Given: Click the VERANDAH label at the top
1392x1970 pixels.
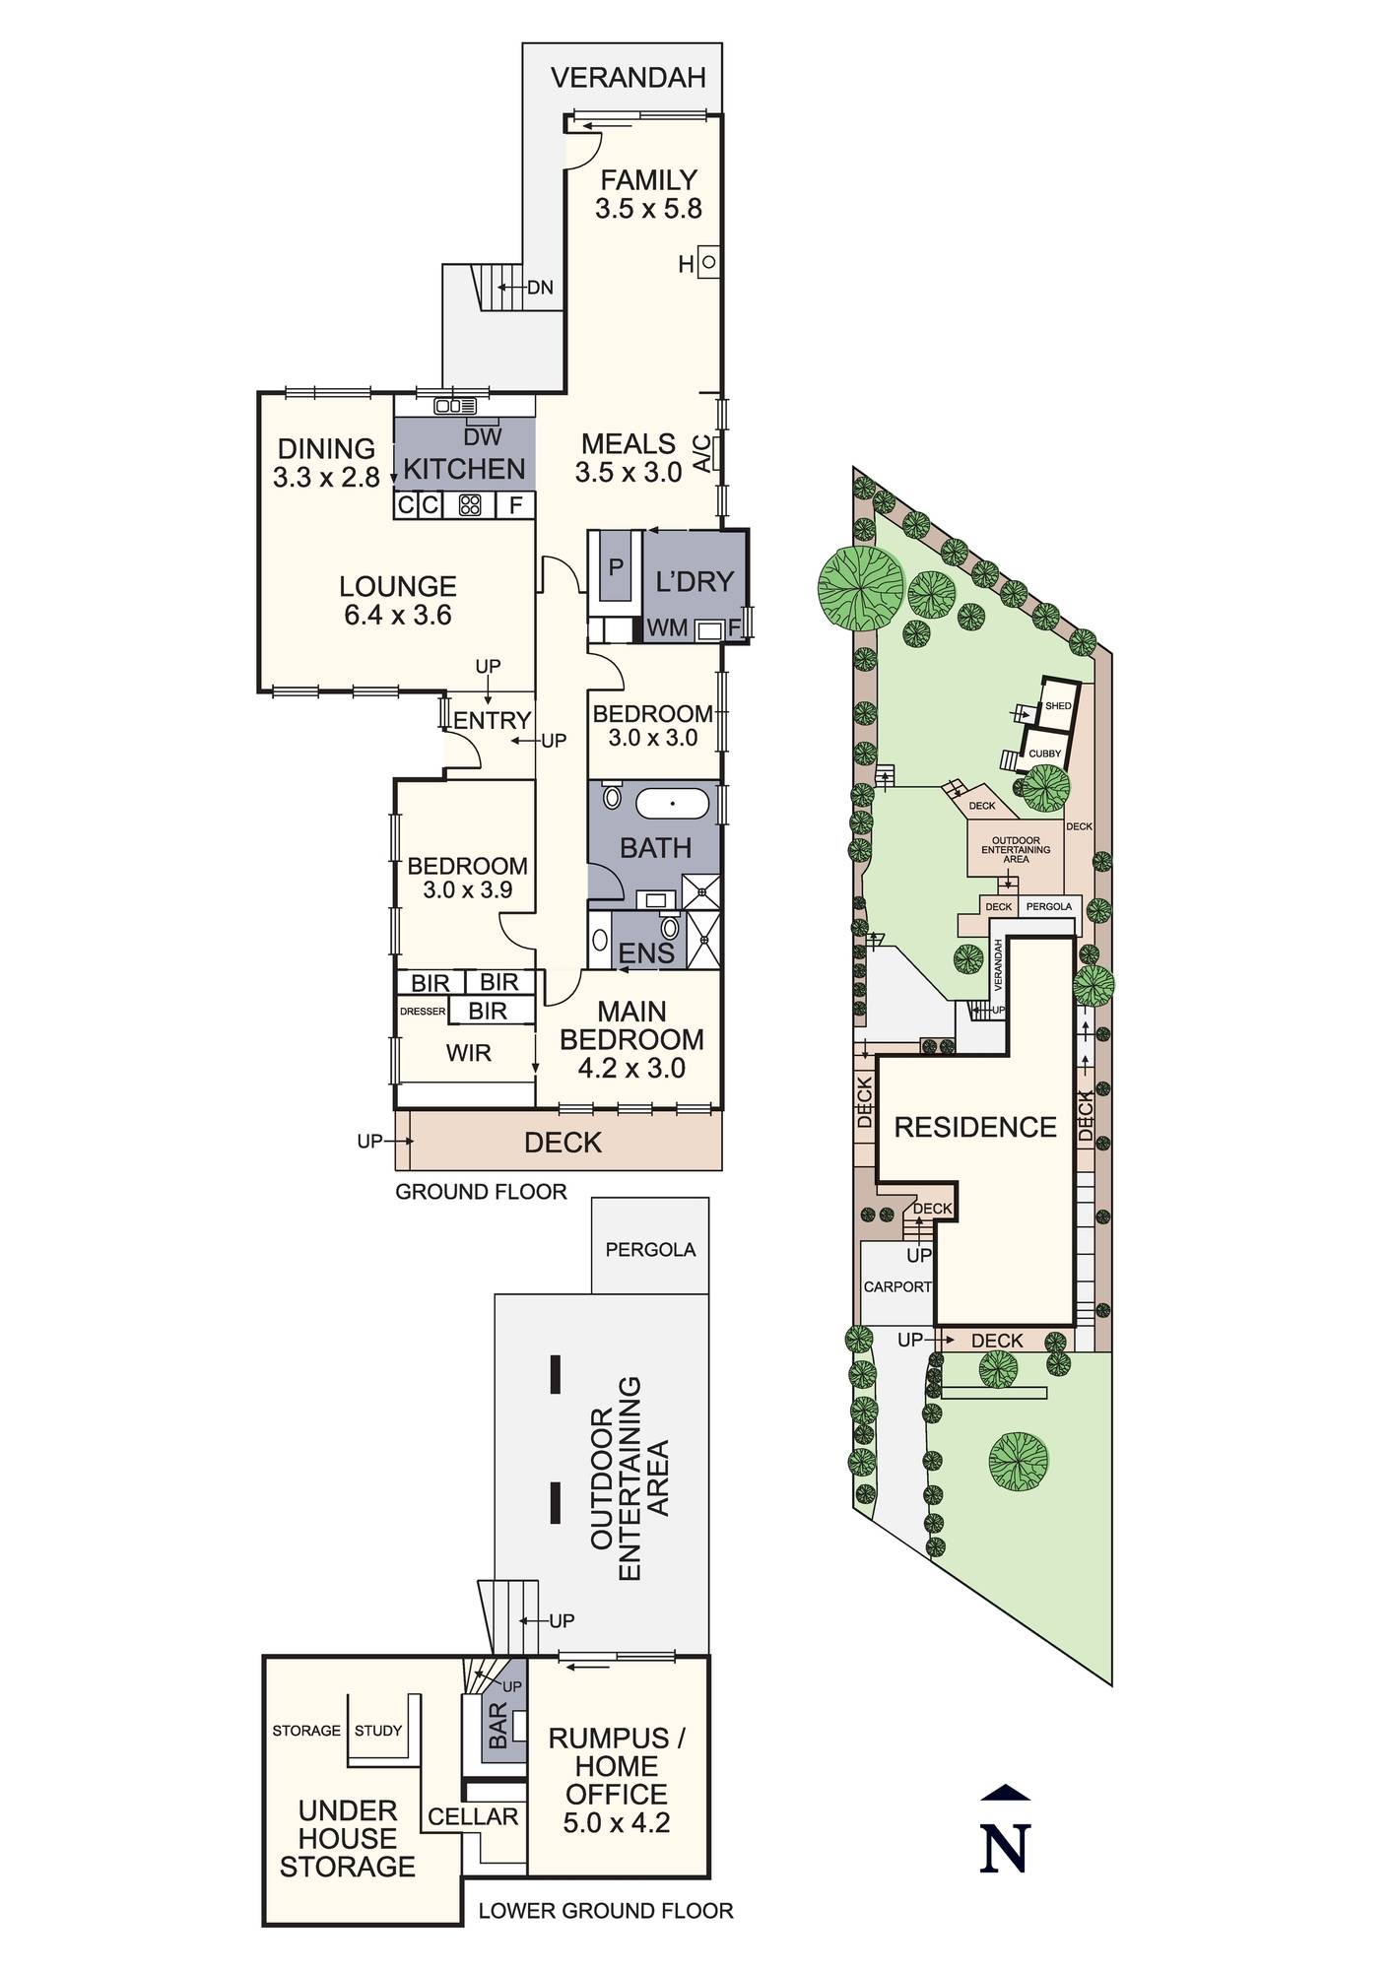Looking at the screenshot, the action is point(628,78).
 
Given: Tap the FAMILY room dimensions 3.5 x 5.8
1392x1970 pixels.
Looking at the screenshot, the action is point(648,209).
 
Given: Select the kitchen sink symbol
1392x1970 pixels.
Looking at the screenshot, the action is point(455,405).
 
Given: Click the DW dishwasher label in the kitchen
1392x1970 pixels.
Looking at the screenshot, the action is point(483,436).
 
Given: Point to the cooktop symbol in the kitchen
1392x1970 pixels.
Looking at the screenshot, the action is point(470,506).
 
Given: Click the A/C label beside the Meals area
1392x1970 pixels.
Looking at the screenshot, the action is point(701,453).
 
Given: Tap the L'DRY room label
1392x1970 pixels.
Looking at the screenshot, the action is point(695,581).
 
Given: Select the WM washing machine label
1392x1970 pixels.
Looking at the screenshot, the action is point(668,628).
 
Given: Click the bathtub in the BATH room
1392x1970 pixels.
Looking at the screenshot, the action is point(672,804).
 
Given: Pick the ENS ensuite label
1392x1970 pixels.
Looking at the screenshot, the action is point(646,952).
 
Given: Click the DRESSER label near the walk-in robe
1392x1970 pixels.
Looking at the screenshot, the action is point(423,1011).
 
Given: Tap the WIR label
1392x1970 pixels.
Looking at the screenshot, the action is point(468,1053).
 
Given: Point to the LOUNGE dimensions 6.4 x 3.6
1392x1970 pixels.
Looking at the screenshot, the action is point(398,616).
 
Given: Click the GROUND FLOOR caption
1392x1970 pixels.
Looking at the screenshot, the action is point(481,1192).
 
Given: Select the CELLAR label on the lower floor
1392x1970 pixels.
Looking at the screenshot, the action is point(473,1817).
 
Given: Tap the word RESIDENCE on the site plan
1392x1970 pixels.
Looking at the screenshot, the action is point(975,1127).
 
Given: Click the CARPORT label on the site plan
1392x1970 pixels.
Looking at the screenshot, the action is point(897,1286).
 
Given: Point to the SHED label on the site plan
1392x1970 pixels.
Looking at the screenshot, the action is point(1058,706).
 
